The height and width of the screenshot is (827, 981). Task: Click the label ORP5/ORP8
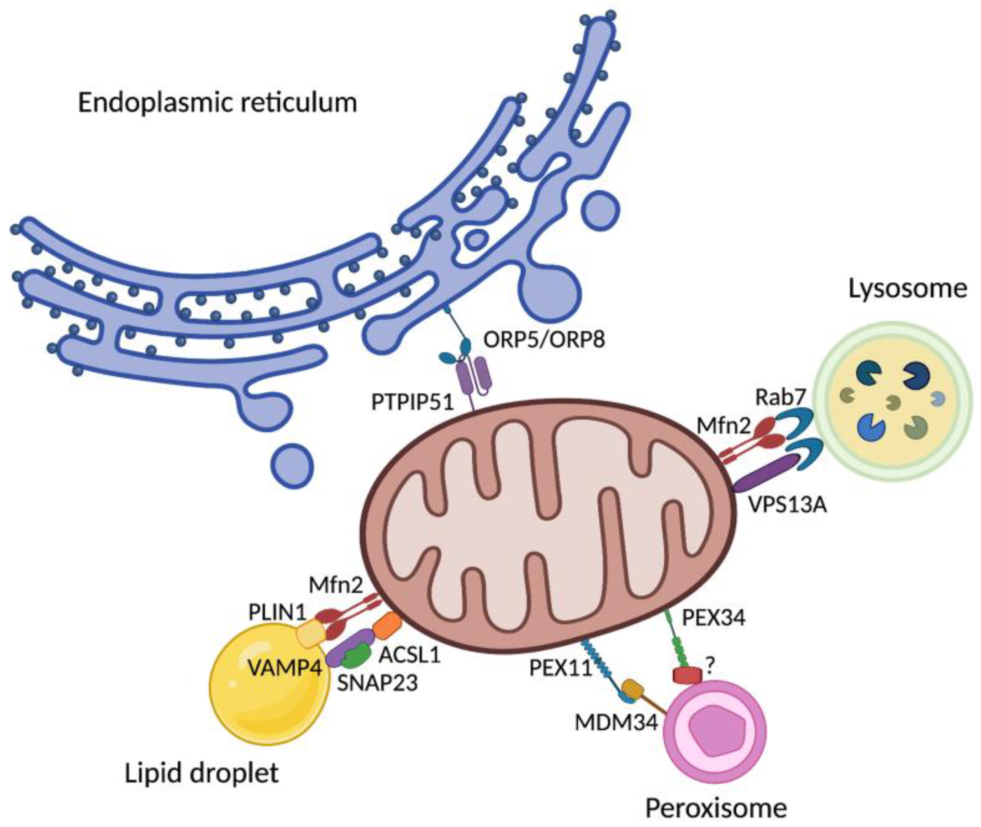[544, 339]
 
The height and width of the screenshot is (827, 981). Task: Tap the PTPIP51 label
[413, 402]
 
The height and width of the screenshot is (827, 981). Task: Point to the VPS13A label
[787, 506]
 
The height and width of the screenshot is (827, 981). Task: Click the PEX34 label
[713, 618]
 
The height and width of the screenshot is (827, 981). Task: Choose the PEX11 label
[561, 668]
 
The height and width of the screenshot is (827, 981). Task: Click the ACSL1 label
[410, 654]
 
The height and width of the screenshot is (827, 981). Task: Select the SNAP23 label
[378, 683]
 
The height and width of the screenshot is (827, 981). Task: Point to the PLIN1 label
[277, 612]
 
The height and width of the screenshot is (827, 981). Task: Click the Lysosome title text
[907, 289]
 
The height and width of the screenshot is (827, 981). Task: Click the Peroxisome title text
[716, 808]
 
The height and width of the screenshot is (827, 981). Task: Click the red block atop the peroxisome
[687, 675]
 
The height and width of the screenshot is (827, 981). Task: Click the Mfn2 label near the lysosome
[723, 426]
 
